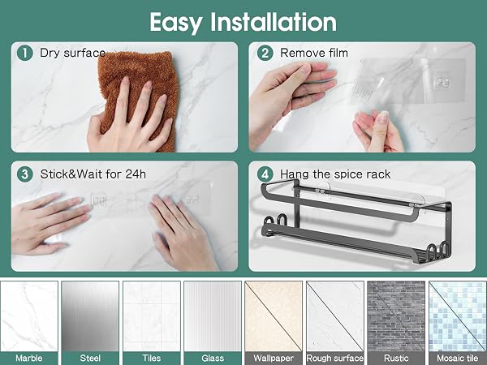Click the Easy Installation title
point(243,23)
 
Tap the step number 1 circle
point(25,53)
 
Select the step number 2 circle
point(265,53)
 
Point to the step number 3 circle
point(25,174)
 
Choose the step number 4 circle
point(265,174)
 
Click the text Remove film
point(314,53)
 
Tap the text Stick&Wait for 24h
point(93,174)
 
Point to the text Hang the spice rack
point(335,174)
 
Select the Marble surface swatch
point(29,316)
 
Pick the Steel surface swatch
point(90,316)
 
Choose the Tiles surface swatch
point(152,316)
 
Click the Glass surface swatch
point(213,316)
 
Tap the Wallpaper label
point(274,359)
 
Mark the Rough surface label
point(334,359)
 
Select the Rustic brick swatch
point(396,316)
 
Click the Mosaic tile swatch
point(458,316)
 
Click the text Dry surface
point(73,53)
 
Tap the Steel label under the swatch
point(90,359)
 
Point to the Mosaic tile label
point(458,359)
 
